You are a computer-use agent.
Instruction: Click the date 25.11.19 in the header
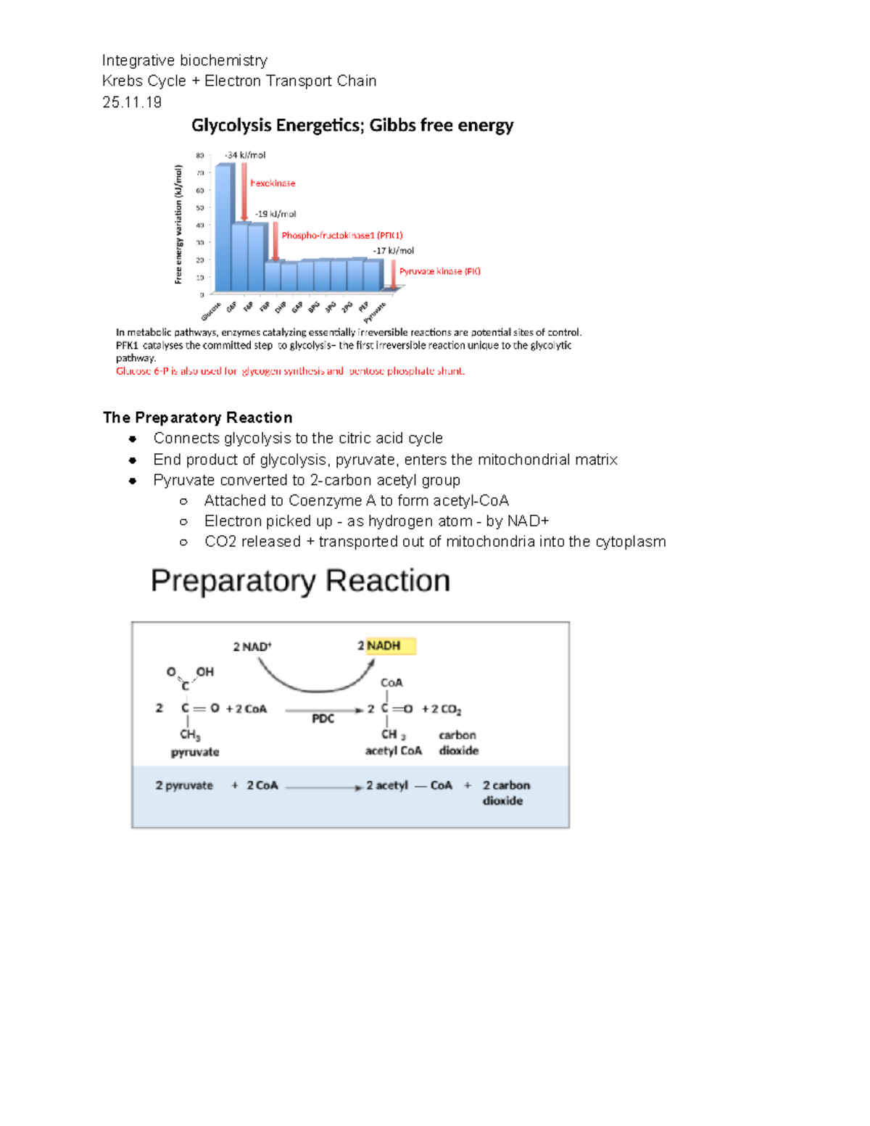(132, 102)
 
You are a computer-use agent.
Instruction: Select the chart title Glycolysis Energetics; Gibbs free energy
(352, 125)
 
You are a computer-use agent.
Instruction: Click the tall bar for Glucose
(224, 228)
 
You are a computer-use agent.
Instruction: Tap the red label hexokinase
(273, 183)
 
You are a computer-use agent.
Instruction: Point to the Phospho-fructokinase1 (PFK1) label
(341, 236)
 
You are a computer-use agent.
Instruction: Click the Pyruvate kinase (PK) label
(439, 271)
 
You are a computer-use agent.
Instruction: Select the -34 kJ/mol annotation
(245, 155)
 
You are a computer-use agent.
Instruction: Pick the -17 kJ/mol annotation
(394, 251)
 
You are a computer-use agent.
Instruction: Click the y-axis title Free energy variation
(178, 224)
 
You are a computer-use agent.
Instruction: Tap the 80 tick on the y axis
(199, 155)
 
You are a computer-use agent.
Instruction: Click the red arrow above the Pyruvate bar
(394, 275)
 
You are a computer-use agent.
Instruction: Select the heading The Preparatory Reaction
(198, 418)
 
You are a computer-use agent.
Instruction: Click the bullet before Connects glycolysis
(133, 439)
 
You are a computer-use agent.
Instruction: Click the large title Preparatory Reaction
(300, 581)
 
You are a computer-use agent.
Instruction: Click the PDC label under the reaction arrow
(323, 719)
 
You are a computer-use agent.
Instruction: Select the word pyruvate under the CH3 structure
(195, 752)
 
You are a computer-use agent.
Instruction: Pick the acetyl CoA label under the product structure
(393, 750)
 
